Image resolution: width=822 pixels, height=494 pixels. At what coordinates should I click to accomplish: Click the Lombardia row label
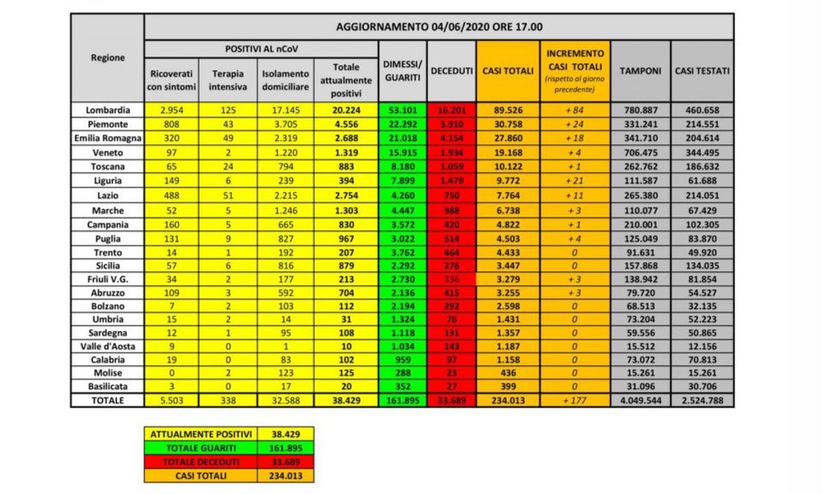coord(107,110)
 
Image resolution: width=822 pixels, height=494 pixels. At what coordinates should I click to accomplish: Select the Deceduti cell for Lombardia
coord(450,110)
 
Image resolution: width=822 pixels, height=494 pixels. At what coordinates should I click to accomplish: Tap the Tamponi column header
coord(640,71)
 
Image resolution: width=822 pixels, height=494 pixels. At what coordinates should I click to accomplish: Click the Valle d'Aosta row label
coord(107,347)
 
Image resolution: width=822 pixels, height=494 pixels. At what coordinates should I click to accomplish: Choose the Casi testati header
coord(702,71)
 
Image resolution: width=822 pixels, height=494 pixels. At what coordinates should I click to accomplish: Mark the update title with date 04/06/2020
coord(439,26)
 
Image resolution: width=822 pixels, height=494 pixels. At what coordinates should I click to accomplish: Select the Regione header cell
coord(107,58)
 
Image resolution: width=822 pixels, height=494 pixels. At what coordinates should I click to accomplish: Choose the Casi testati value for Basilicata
coord(702,386)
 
